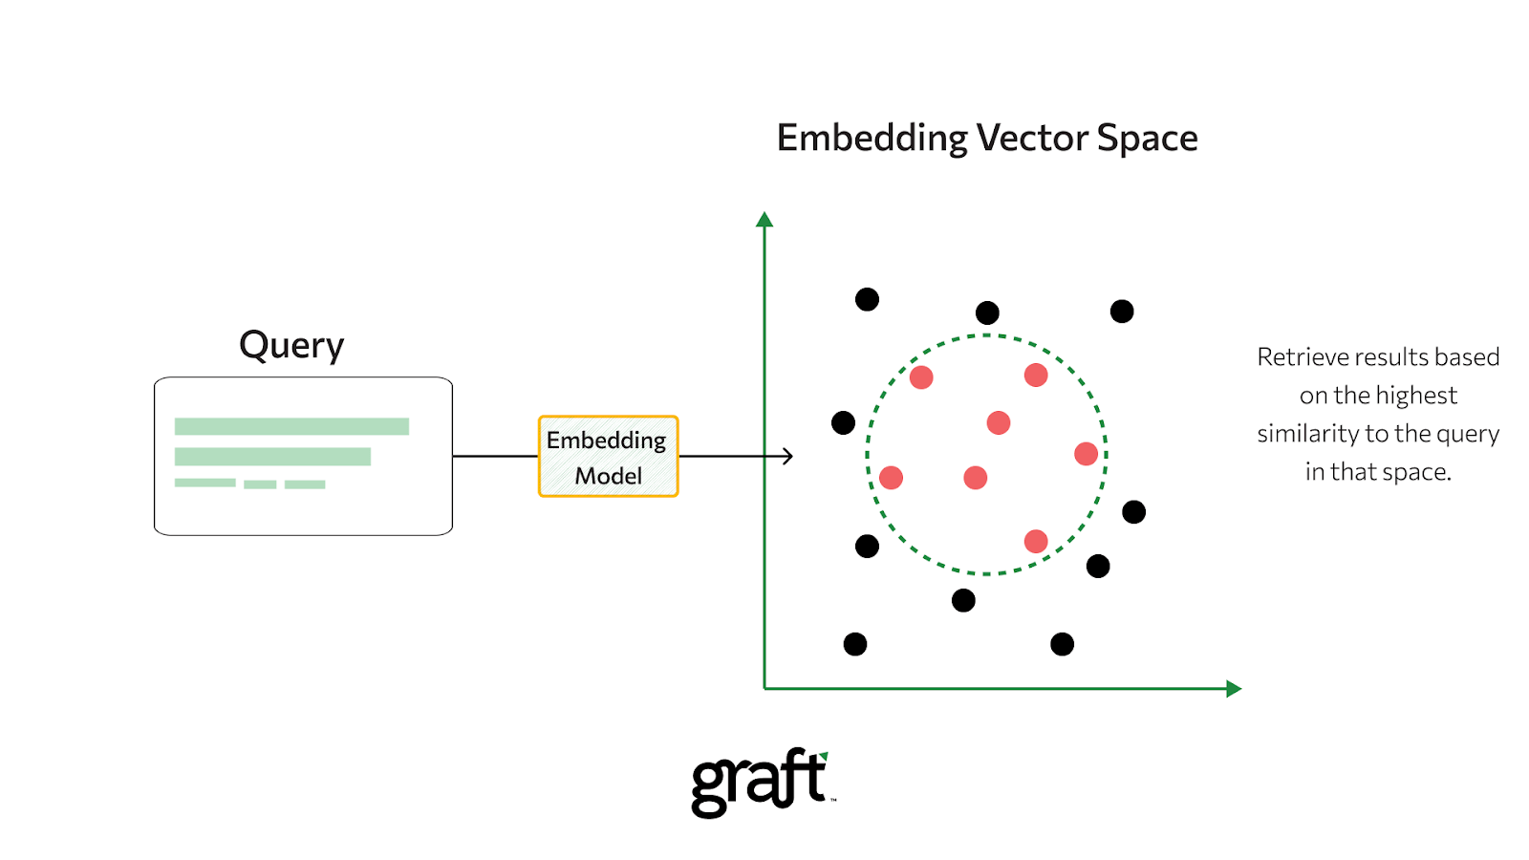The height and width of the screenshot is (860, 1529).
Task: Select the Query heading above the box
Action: point(291,346)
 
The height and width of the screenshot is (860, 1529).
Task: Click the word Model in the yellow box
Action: point(608,476)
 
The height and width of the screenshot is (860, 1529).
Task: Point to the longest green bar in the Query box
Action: point(291,426)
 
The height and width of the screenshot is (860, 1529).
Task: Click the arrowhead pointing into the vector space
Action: point(787,457)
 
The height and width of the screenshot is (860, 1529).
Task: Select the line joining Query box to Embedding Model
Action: point(495,457)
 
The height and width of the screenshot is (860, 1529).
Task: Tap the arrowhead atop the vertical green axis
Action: point(764,220)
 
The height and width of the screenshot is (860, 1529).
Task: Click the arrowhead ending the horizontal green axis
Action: point(1234,689)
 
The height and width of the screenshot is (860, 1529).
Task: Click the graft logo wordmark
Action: point(759,782)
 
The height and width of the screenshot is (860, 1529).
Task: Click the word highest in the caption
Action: point(1417,396)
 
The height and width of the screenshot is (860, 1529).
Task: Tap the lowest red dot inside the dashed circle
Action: point(1036,542)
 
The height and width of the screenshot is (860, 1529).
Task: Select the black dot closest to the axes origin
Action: point(855,644)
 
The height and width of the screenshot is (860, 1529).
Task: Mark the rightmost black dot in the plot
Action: point(1134,512)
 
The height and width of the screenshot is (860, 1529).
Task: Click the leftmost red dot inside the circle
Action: point(891,478)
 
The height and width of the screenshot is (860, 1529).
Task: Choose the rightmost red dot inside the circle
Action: point(1086,454)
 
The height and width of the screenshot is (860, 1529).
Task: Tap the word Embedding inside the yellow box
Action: point(606,441)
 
